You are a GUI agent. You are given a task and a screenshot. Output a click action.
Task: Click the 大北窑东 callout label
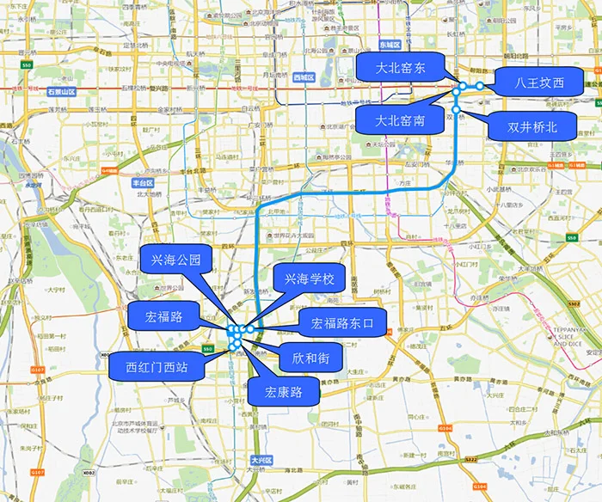tap(401, 66)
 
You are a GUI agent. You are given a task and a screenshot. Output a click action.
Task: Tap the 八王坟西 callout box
tap(539, 83)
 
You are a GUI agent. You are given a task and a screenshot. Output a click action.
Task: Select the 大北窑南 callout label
tap(400, 121)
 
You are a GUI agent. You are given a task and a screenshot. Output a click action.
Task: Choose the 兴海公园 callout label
tap(175, 259)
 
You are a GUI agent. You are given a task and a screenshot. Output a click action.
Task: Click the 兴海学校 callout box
tap(309, 279)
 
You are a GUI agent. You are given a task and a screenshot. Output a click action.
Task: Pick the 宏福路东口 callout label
tap(342, 323)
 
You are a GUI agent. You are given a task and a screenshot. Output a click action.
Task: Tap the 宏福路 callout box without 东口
tap(164, 316)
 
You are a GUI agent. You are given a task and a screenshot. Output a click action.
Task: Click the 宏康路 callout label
tap(283, 393)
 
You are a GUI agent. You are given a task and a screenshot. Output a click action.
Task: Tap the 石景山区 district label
tap(62, 91)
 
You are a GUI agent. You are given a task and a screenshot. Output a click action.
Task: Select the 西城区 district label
tap(304, 77)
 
